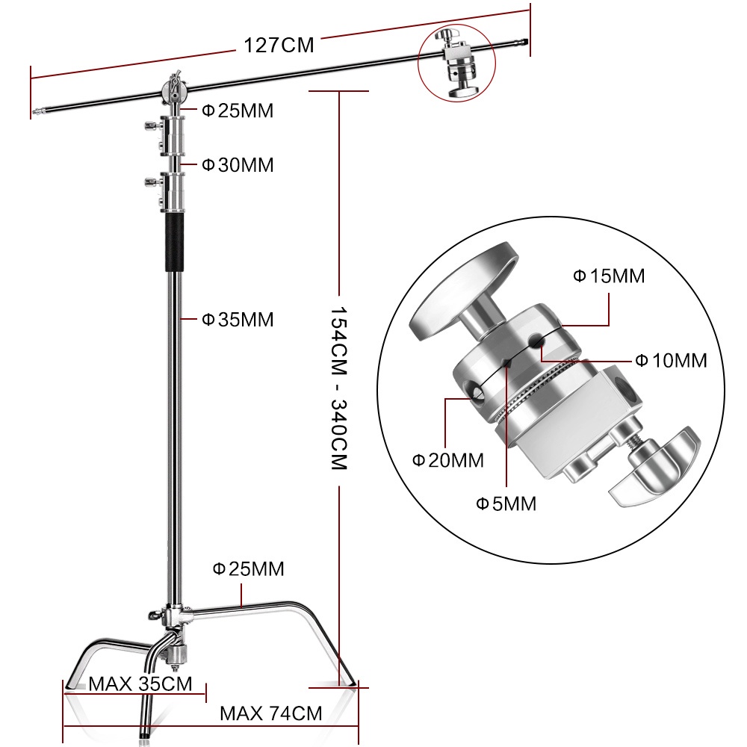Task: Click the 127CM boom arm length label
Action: pos(279,45)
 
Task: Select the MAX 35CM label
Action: pos(140,684)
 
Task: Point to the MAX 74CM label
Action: pos(270,713)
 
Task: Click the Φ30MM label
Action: pos(238,165)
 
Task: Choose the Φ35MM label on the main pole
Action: pos(238,320)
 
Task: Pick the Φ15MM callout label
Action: pos(608,276)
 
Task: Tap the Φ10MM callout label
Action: pos(670,360)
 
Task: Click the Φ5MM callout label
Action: pos(506,503)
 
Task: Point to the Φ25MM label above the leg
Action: pos(248,569)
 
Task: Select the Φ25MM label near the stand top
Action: pos(238,111)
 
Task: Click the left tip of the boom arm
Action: pos(35,114)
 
